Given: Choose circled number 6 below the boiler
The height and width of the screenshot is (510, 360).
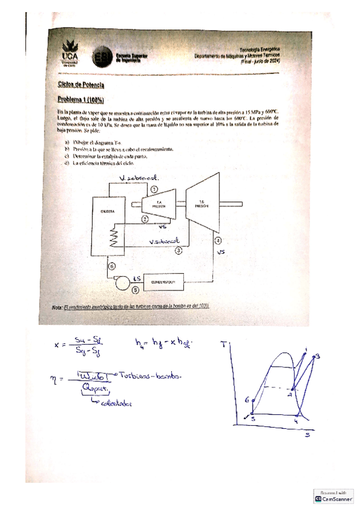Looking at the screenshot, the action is pyautogui.click(x=111, y=266).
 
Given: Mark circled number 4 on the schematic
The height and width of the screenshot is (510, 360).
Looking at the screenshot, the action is pyautogui.click(x=219, y=241).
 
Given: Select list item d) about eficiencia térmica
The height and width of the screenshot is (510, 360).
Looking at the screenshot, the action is pyautogui.click(x=99, y=163).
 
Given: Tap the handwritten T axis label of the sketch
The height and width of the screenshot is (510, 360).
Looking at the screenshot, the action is pyautogui.click(x=224, y=345).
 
